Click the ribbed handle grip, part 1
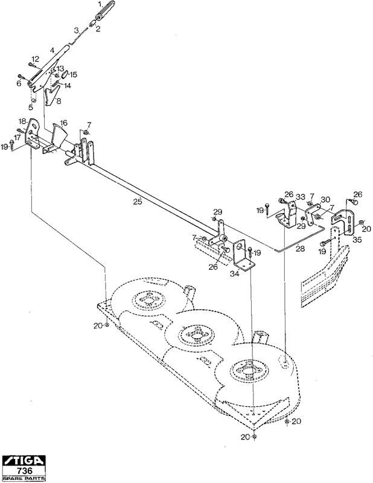tap(105, 11)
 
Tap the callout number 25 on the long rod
tap(138, 202)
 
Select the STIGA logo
tap(24, 461)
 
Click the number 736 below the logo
tap(24, 471)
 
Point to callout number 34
tap(234, 273)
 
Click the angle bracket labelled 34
tap(243, 255)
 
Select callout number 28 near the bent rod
tap(300, 248)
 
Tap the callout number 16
tap(63, 123)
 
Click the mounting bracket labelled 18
tap(33, 134)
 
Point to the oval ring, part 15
tap(65, 74)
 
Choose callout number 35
tap(357, 240)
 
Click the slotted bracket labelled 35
tap(344, 222)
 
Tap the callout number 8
tap(59, 101)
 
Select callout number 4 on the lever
tap(52, 50)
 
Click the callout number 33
tap(301, 197)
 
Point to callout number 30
tap(325, 200)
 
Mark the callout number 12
tap(36, 59)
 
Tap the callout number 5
tap(31, 107)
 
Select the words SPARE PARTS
tap(24, 478)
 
